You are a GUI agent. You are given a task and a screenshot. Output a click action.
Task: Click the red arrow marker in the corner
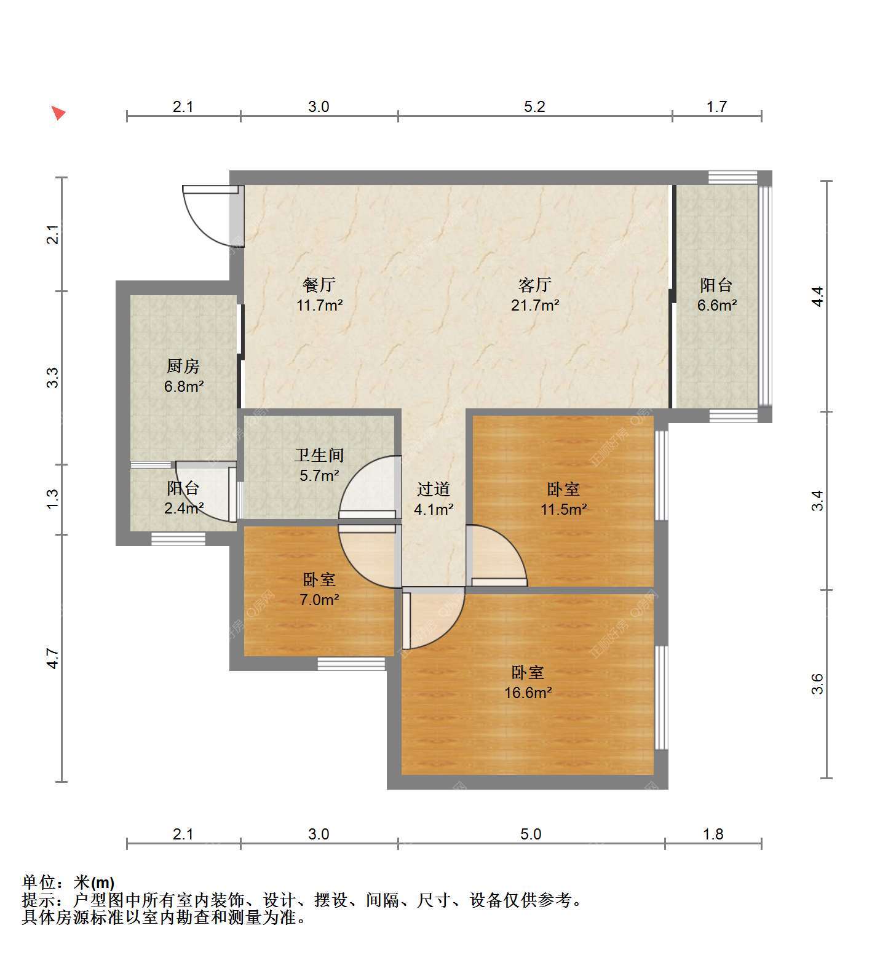[x=58, y=113]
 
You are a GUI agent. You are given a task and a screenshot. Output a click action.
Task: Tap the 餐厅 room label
[x=319, y=285]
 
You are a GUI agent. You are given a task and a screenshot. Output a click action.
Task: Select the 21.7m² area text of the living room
[x=535, y=304]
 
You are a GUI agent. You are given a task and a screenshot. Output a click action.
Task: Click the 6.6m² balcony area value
[x=717, y=304]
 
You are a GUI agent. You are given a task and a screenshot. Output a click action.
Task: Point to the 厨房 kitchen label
[x=183, y=367]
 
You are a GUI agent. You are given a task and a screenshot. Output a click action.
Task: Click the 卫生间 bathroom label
[x=319, y=455]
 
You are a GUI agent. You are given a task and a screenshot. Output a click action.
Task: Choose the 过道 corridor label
[x=434, y=489]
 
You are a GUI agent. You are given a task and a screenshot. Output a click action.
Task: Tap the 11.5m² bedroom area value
[x=563, y=509]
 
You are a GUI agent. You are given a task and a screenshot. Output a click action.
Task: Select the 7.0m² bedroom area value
[x=319, y=599]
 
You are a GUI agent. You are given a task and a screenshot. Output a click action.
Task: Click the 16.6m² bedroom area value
[x=528, y=692]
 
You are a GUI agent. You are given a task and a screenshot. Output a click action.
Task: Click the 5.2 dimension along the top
[x=534, y=106]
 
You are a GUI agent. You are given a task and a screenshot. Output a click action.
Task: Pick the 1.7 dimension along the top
[x=716, y=106]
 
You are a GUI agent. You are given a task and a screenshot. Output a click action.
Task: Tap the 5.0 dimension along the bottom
[x=531, y=834]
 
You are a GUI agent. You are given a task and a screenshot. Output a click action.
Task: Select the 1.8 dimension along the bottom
[x=713, y=834]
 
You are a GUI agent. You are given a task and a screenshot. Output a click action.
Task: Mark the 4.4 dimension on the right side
[x=817, y=296]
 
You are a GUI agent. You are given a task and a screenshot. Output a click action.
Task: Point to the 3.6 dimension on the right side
[x=817, y=684]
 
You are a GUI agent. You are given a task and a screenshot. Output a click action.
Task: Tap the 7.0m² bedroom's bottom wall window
[x=351, y=664]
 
